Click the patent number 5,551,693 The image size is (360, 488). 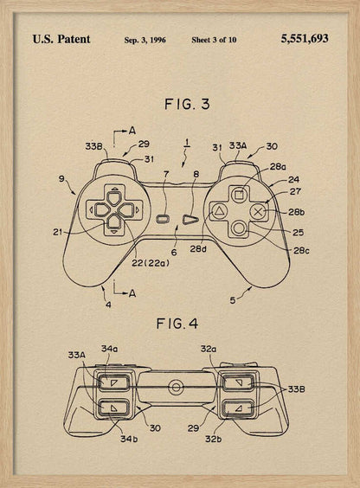coord(305,39)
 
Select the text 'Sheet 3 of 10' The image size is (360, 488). coord(214,40)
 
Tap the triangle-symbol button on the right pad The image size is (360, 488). coord(220,210)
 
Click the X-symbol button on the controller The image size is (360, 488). coord(257,209)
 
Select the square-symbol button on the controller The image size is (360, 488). coord(239,192)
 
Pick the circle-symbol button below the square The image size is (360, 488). coord(239,228)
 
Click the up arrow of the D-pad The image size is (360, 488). coord(114,193)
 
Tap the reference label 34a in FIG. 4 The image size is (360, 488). coord(109,348)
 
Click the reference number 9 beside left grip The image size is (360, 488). coord(61,179)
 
